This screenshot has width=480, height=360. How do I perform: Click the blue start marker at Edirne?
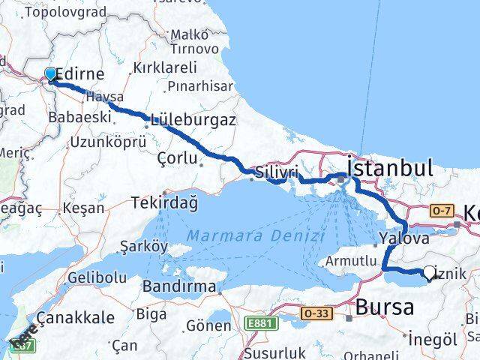pos(50,73)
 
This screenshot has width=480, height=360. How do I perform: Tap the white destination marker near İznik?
pos(430,273)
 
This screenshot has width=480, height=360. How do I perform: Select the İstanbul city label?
pos(390,166)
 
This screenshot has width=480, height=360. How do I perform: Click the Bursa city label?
pos(384,307)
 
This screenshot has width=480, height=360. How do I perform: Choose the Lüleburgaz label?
pos(193,119)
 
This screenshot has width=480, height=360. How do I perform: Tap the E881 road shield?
pos(257,323)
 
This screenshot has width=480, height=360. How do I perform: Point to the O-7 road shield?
pos(442,211)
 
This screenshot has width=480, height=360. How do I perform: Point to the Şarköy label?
pos(143,245)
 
